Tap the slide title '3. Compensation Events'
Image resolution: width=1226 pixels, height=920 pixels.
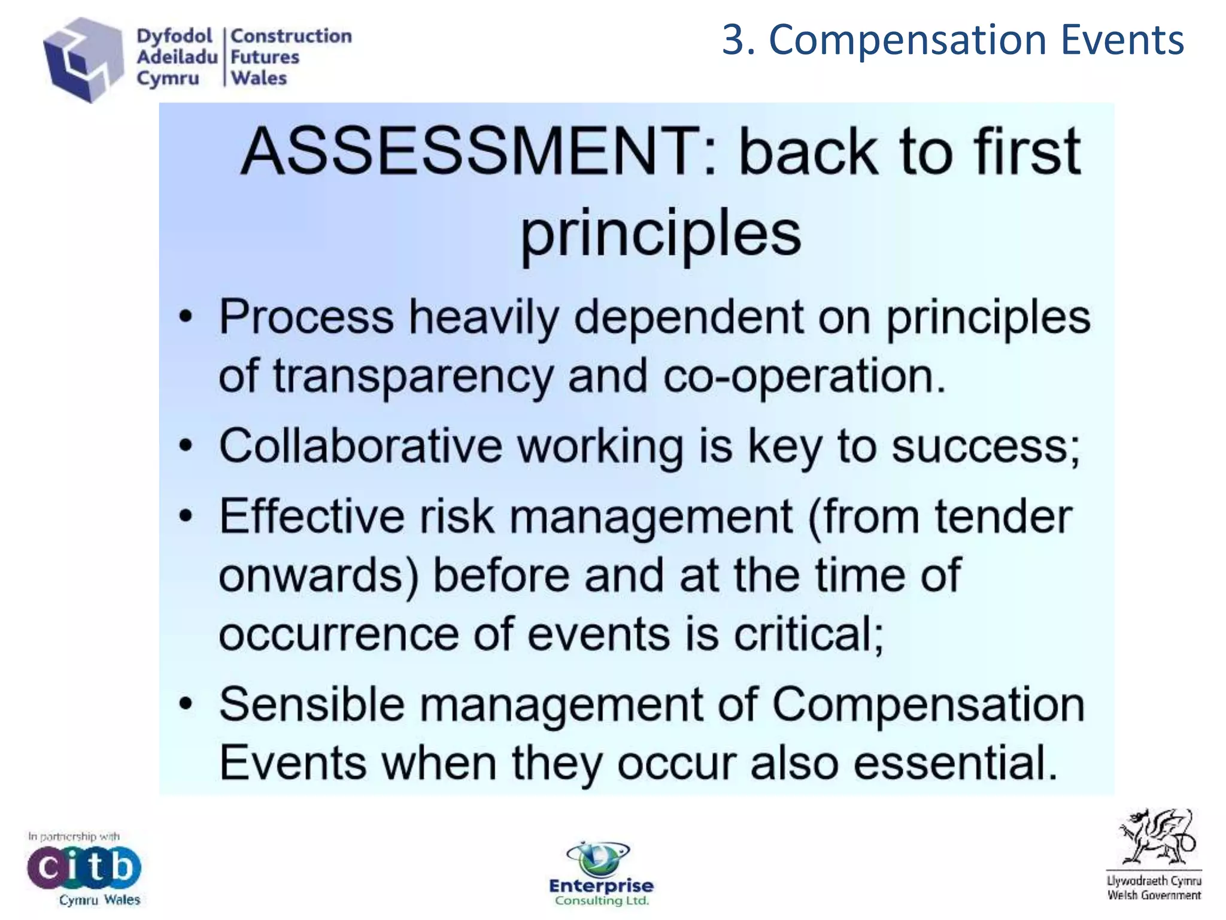(x=952, y=40)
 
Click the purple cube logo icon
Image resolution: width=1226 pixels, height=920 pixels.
(x=83, y=60)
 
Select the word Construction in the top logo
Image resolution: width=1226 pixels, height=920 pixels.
(x=291, y=36)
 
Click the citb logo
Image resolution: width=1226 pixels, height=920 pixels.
(x=84, y=867)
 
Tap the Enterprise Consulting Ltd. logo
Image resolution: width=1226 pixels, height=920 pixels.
(x=601, y=874)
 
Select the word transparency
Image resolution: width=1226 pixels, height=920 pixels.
(x=413, y=376)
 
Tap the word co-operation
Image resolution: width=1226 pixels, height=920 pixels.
(x=802, y=376)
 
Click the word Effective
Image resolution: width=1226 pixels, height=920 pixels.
(x=311, y=516)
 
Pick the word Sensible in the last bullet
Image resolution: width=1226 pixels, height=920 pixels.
(x=311, y=704)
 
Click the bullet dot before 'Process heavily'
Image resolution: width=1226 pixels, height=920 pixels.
(x=187, y=317)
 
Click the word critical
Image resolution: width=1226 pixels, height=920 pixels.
(x=808, y=634)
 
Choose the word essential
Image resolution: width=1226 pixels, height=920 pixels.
(x=955, y=763)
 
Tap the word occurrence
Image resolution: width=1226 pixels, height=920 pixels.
(x=339, y=634)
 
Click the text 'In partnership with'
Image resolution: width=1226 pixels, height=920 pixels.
(x=74, y=836)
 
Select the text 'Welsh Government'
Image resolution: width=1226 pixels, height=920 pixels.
(x=1154, y=895)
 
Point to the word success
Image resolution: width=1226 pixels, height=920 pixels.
(x=985, y=446)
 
